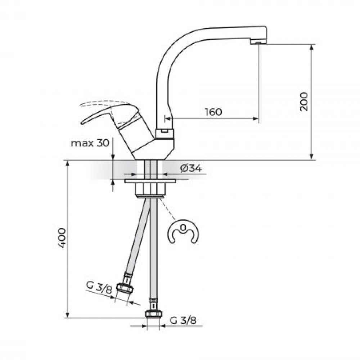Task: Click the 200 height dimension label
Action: pyautogui.click(x=304, y=102)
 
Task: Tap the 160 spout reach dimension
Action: pyautogui.click(x=213, y=112)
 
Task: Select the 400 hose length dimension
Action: pyautogui.click(x=62, y=238)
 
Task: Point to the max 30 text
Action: pyautogui.click(x=90, y=143)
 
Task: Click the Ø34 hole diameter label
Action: pyautogui.click(x=191, y=168)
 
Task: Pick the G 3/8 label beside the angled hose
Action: pyautogui.click(x=99, y=287)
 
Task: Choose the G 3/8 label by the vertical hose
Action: pyautogui.click(x=183, y=320)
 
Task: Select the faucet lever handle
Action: pyautogui.click(x=110, y=115)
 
